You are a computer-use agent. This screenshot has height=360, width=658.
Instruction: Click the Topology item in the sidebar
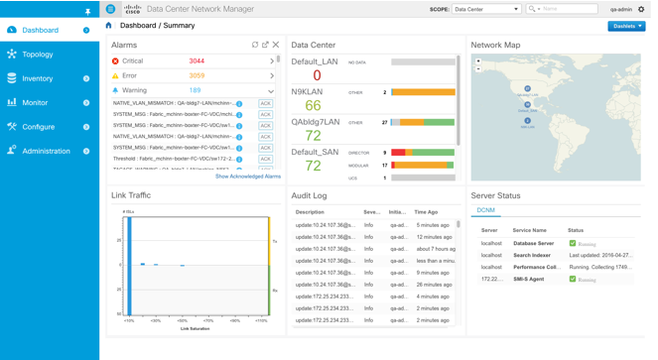pos(38,55)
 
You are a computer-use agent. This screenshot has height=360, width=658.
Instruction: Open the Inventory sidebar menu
pos(37,78)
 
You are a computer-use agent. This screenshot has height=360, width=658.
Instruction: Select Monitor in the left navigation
pos(34,102)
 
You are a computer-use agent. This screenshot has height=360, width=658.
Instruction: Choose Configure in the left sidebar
pos(38,127)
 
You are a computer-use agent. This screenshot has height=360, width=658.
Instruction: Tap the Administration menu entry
pos(46,151)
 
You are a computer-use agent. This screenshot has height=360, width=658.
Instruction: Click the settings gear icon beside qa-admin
pos(641,9)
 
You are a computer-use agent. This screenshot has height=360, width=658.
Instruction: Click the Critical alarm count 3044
pos(197,60)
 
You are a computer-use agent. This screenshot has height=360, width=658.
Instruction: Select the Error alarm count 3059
pos(197,75)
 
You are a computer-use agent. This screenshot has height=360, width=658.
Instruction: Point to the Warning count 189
pos(195,90)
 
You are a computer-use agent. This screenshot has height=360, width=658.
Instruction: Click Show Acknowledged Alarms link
pos(247,176)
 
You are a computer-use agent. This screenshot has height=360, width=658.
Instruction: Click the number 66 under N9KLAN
pos(313,105)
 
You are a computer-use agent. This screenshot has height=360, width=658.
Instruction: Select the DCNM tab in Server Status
pos(486,211)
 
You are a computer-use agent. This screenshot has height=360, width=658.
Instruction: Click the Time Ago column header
pos(426,211)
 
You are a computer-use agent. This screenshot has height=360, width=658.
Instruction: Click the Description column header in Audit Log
pos(310,211)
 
